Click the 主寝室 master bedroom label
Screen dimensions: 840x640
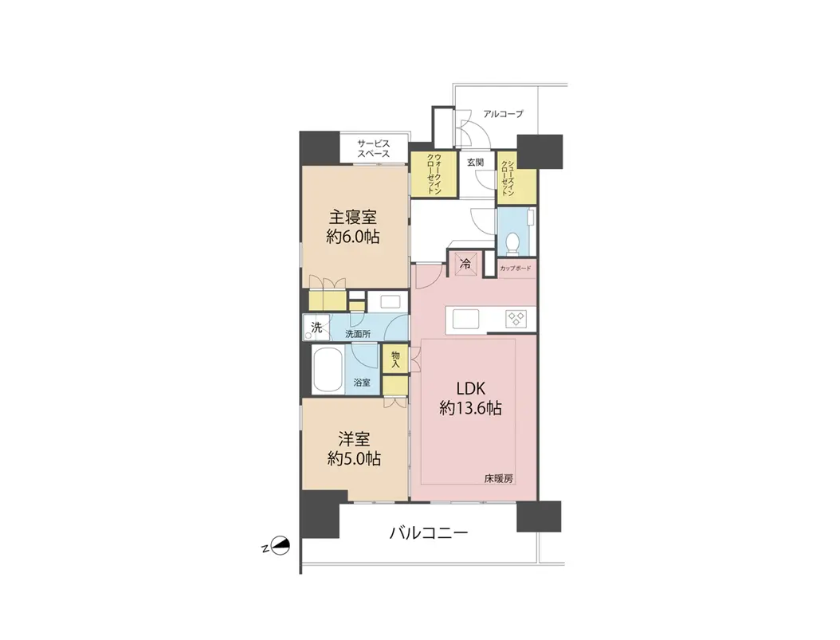353,218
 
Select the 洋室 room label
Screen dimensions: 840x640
354,440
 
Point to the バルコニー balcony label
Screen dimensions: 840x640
429,532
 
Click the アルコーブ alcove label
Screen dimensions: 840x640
503,114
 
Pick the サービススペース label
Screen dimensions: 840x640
374,149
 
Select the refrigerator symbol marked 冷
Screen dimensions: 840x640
465,264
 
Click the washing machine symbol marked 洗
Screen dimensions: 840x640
316,328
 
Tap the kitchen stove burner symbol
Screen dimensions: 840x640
517,319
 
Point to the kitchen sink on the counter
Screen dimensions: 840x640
465,319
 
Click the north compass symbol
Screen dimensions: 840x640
281,546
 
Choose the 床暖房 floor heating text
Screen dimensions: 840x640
499,479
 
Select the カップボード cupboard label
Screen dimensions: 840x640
516,269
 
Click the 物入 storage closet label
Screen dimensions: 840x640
395,359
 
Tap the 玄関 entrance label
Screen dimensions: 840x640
475,162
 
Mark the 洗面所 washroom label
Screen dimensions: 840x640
357,334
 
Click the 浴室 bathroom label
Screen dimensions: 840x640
362,383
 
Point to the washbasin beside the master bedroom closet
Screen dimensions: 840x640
391,301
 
